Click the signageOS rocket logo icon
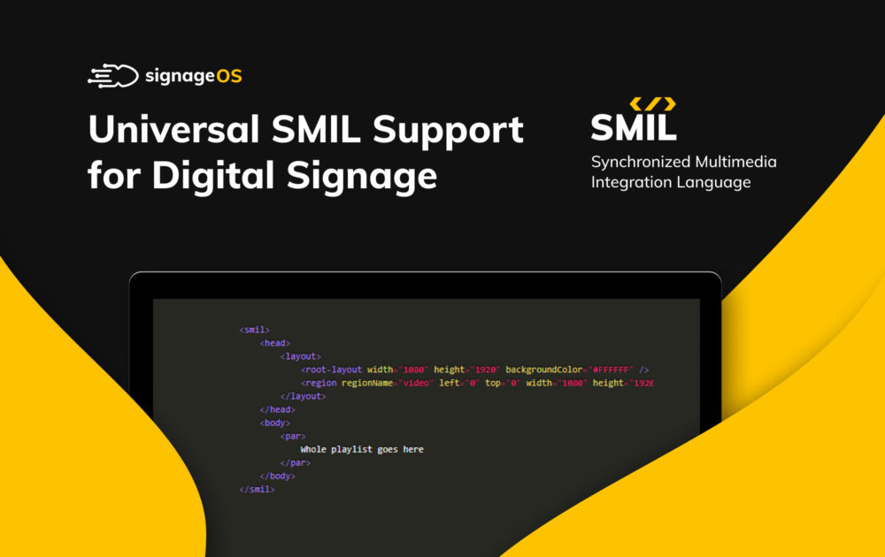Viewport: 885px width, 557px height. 112,76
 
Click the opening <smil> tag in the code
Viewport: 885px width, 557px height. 254,330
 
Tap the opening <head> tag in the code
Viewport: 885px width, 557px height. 275,343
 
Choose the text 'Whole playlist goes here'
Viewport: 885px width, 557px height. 362,449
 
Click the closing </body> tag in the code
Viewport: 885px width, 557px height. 277,476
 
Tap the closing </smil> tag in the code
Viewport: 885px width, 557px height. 257,489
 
